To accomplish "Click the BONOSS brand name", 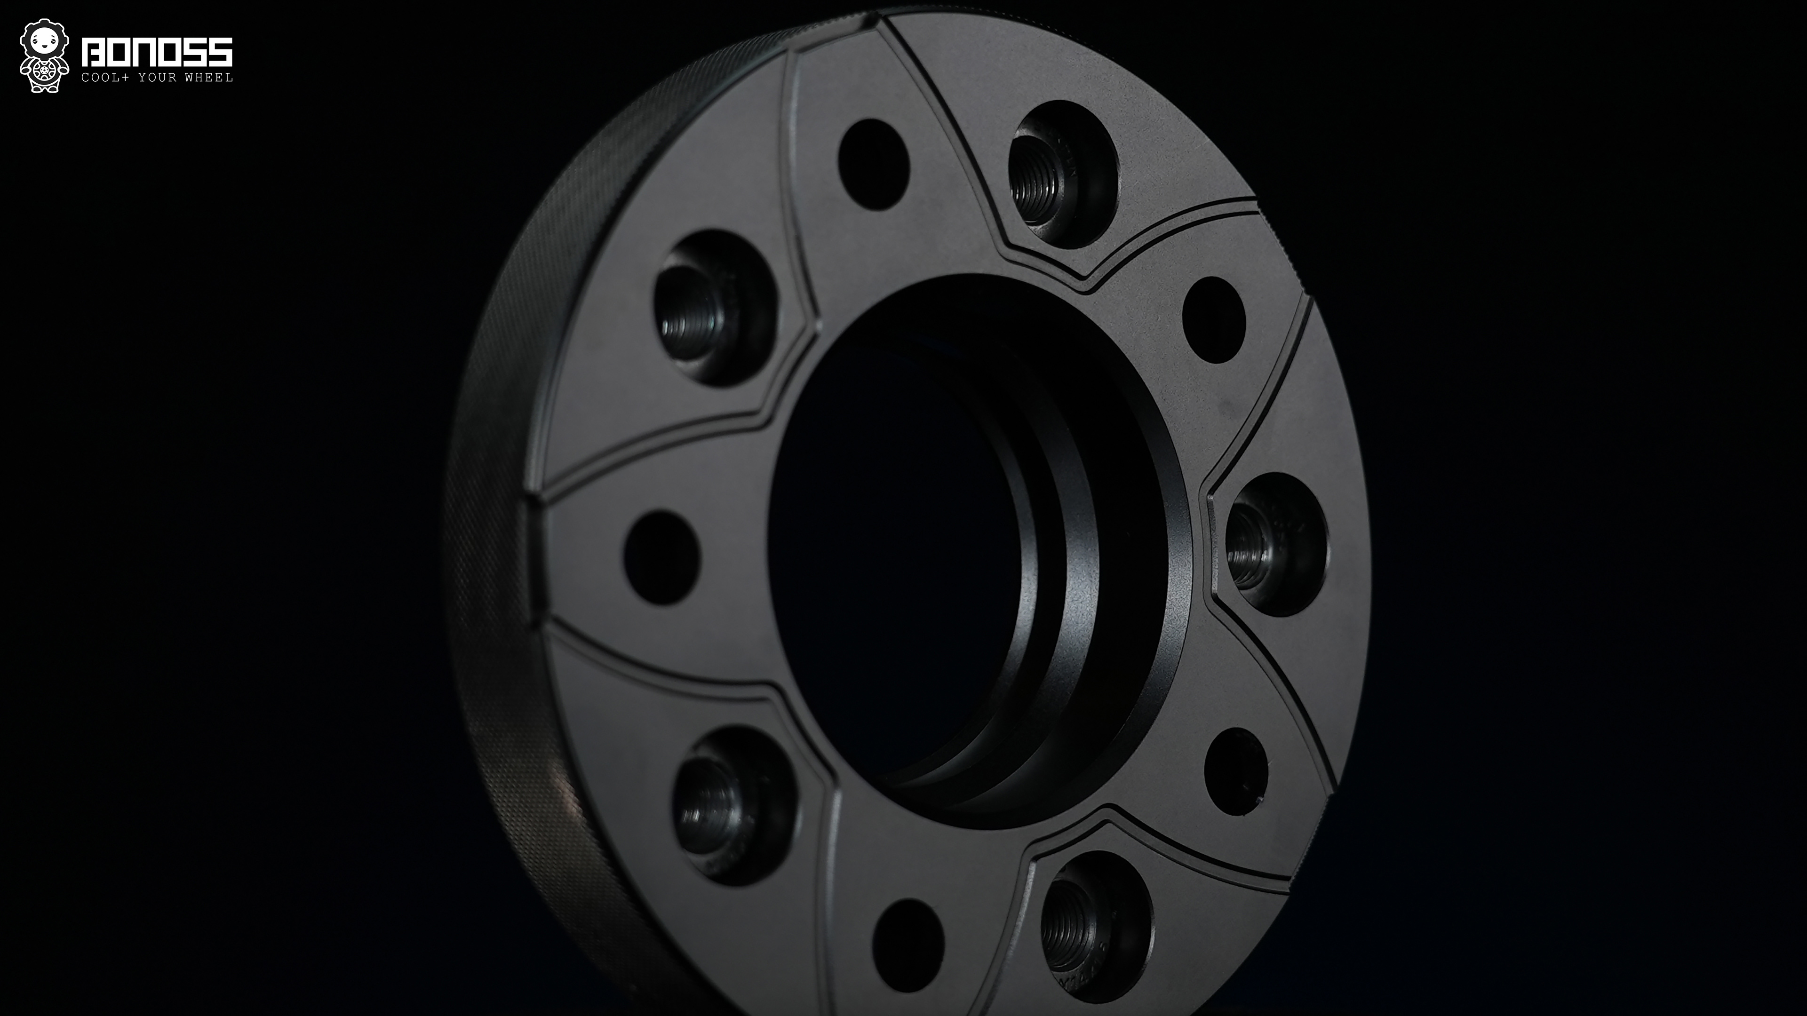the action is coord(157,53).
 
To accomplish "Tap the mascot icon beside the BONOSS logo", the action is coord(44,56).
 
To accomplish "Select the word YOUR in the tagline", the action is coord(157,77).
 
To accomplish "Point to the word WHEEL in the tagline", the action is coord(208,77).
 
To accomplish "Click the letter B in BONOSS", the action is coord(93,53).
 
